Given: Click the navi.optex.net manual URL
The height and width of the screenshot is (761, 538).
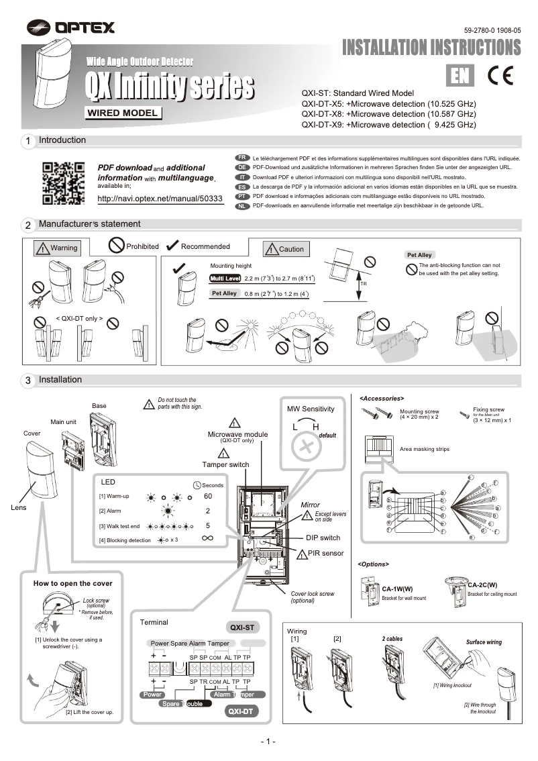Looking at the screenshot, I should (160, 199).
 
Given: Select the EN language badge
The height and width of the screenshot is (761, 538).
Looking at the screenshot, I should (462, 76).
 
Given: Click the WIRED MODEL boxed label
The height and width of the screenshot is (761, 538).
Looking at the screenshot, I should (123, 112).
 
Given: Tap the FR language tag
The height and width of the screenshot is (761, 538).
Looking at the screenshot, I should (244, 156).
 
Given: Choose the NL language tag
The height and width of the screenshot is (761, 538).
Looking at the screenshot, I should (244, 206).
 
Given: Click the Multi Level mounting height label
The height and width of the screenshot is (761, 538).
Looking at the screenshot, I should (225, 278).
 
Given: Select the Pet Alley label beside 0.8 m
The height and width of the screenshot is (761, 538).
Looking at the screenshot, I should (224, 294).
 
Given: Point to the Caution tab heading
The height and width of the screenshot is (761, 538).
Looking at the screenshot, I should (284, 249).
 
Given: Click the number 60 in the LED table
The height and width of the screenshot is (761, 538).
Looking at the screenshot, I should (207, 496).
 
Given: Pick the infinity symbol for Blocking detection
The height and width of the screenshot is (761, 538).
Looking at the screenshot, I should (207, 539).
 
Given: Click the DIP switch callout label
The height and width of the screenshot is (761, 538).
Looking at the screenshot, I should (323, 538).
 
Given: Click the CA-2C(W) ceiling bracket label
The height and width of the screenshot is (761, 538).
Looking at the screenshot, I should (482, 585).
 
